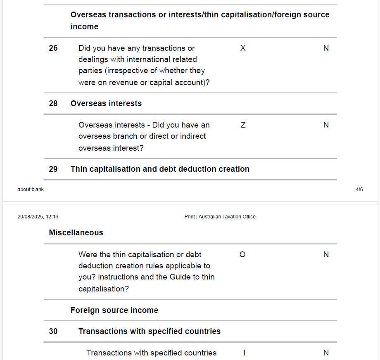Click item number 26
tap(53, 48)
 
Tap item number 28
tap(53, 104)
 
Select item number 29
tap(53, 169)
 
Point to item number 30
tap(53, 332)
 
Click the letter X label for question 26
tap(243, 48)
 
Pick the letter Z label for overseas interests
tap(243, 125)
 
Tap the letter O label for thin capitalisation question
tap(242, 255)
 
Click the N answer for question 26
tap(326, 48)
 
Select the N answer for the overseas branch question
tap(326, 125)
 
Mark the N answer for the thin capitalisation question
tap(326, 255)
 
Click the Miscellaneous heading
tap(76, 233)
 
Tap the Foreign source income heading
tap(114, 310)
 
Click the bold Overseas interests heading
tap(106, 104)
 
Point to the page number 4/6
tap(359, 189)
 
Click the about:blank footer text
tap(31, 189)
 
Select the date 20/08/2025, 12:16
tap(38, 217)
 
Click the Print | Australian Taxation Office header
tap(220, 217)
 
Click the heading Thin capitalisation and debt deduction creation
tap(160, 169)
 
